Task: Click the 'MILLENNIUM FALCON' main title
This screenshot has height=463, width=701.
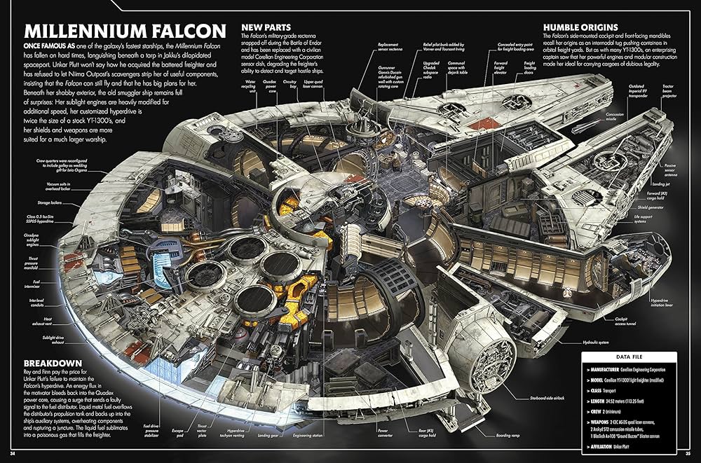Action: (x=125, y=32)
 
